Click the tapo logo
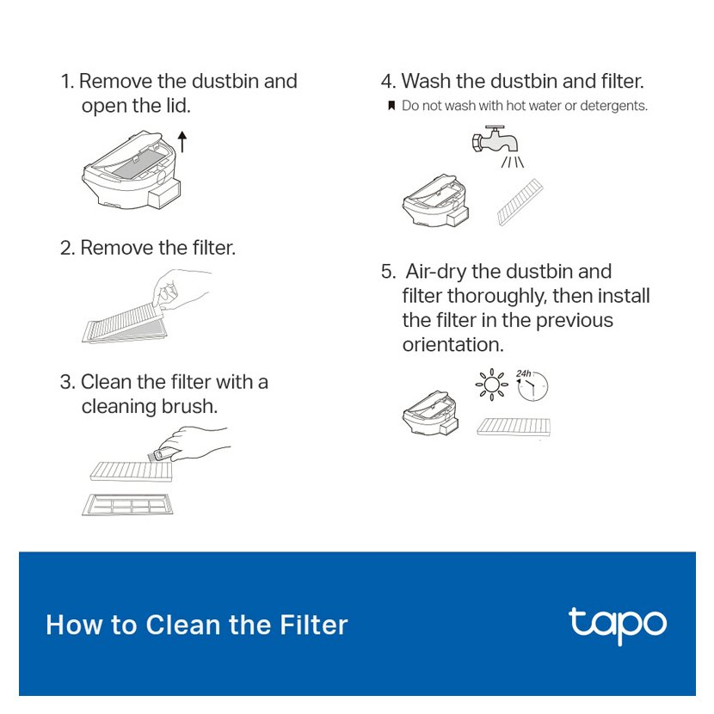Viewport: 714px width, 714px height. coord(618,625)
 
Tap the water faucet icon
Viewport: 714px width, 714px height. coord(495,140)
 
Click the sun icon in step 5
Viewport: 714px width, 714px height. coord(491,385)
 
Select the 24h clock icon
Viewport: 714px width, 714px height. coord(532,385)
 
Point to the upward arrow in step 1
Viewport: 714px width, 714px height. coord(182,142)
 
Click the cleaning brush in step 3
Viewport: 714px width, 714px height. coord(162,453)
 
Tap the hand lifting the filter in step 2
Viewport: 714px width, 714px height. coord(182,289)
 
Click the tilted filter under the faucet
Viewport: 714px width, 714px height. coord(520,202)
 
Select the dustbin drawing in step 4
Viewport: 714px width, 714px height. coord(435,200)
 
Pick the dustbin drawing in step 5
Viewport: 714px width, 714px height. coord(431,414)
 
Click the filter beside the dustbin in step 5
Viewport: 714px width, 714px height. coord(514,427)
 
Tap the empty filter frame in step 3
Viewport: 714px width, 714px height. coord(127,505)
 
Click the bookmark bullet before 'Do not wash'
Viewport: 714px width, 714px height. coord(391,106)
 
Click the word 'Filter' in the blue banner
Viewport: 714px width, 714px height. coord(313,625)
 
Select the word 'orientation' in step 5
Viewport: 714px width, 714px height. coord(452,344)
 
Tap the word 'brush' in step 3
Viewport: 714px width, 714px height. coord(189,406)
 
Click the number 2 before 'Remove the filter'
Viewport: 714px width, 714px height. coord(67,248)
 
